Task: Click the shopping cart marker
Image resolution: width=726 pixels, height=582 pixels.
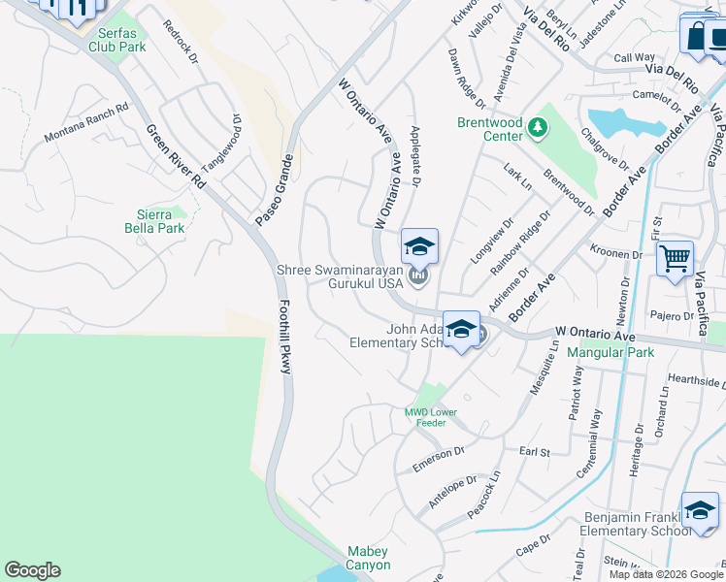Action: click(x=675, y=260)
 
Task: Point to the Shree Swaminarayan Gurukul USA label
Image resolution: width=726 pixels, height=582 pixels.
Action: click(x=339, y=276)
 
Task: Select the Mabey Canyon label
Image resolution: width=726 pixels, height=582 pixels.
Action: click(x=369, y=558)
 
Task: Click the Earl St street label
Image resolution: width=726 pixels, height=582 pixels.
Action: click(x=534, y=451)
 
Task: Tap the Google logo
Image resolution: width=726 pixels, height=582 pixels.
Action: click(x=32, y=570)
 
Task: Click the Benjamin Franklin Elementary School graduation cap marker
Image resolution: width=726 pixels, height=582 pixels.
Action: click(x=699, y=512)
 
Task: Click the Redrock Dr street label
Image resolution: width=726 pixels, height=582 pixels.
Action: click(x=181, y=44)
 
